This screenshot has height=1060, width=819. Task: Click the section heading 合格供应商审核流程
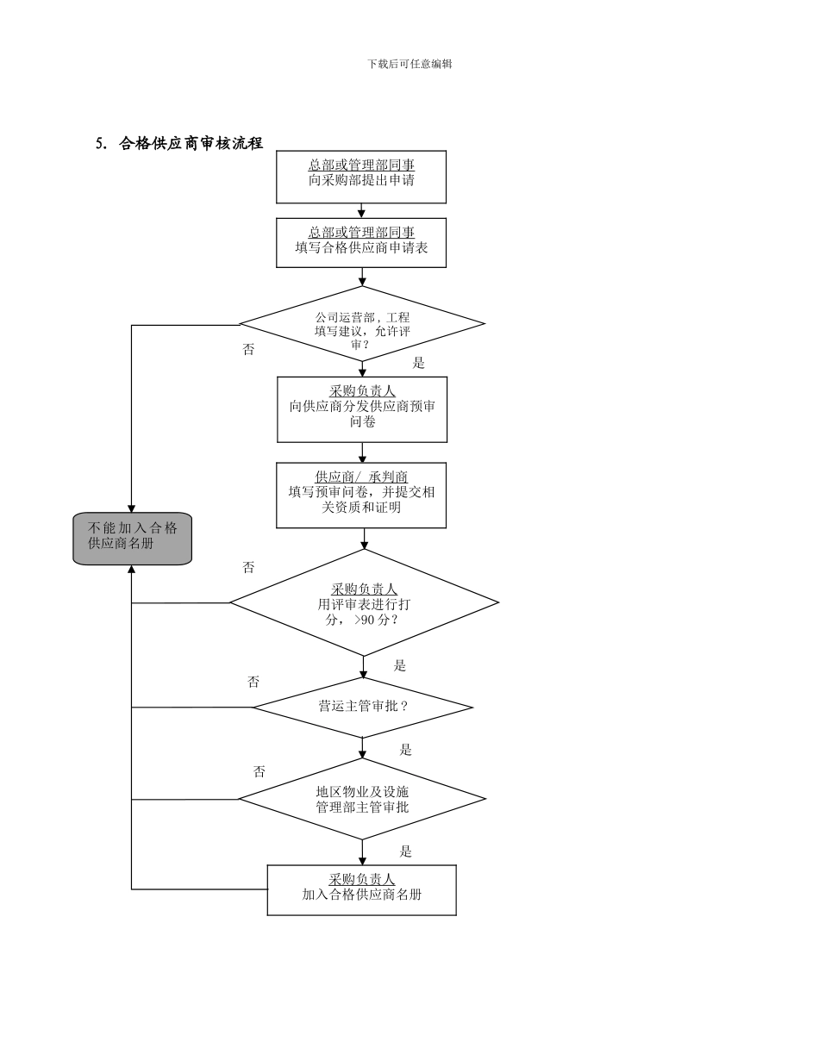coord(191,144)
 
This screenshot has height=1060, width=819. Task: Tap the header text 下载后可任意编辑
coord(409,64)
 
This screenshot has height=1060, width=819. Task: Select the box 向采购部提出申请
coord(361,178)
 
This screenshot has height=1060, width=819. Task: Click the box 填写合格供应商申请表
coord(361,243)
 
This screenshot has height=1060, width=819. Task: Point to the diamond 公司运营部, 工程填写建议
coord(362,325)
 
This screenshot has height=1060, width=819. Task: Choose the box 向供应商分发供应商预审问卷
coord(362,409)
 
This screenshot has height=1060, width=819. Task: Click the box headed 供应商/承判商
coord(361,496)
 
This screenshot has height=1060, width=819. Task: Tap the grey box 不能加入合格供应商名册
coord(132,539)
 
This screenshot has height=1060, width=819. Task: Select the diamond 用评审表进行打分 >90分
coord(363,603)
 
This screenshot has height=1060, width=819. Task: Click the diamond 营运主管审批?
coord(363,708)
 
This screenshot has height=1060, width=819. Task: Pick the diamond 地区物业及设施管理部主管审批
coord(362,799)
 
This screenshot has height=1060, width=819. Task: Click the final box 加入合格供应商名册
coord(361,890)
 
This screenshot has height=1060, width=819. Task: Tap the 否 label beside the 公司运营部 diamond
coord(248,350)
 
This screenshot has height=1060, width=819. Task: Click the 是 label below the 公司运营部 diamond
coord(418,363)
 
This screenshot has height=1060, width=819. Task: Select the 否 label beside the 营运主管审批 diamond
coord(253,682)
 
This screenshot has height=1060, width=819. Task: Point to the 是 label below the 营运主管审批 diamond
coord(405,750)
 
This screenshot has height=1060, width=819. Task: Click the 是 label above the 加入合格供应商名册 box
coord(405,851)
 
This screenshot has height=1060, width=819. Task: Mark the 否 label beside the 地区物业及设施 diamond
coord(259,771)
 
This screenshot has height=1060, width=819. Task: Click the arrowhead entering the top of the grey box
coord(132,508)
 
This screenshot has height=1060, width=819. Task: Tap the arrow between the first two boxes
coord(362,211)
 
